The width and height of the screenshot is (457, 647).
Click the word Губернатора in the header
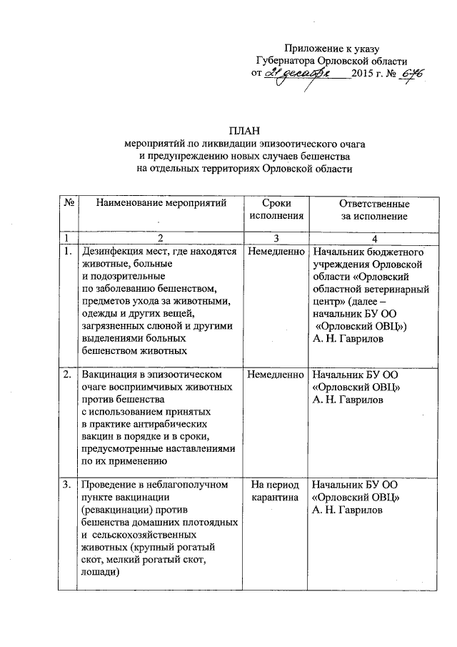tap(287, 61)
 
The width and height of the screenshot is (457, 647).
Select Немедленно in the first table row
tap(274, 252)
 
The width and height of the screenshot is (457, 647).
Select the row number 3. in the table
tap(67, 485)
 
